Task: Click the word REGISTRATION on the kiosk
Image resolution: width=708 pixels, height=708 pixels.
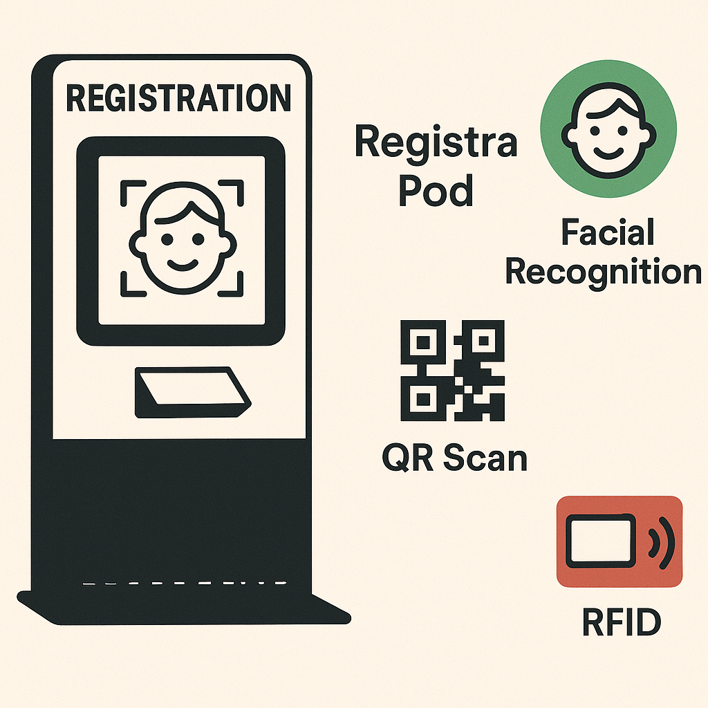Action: coord(178,98)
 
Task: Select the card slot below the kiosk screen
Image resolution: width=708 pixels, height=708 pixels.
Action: coord(192,392)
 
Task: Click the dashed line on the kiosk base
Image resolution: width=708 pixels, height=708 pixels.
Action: coord(184,584)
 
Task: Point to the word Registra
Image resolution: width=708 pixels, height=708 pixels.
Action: coord(436,143)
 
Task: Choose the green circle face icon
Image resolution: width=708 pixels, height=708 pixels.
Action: coord(608,129)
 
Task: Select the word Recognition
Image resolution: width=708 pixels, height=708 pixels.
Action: coord(603,272)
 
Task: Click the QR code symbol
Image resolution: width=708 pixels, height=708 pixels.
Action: coord(453,372)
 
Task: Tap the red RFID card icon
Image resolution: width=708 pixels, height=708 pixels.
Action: coord(619,541)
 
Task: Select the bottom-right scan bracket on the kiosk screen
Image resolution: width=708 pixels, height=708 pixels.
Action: coord(232,283)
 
